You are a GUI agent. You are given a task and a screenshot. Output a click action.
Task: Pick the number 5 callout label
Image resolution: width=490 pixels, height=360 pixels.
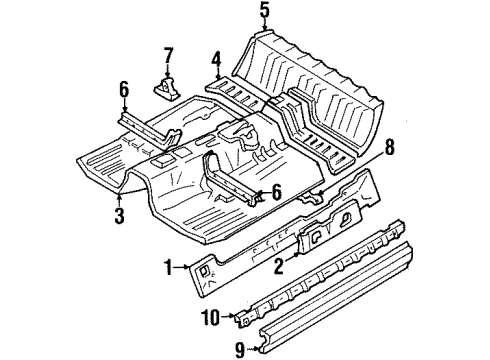264,11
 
